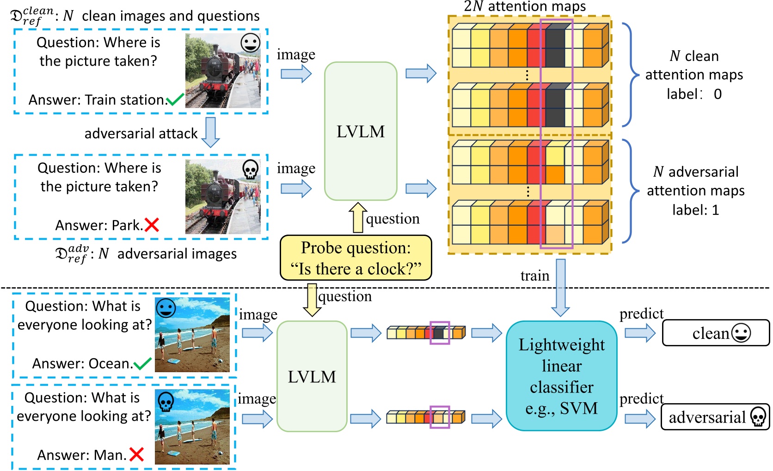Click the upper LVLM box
(x=361, y=131)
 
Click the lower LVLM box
(x=312, y=376)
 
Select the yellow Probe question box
(x=356, y=258)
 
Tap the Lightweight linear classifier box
(x=561, y=376)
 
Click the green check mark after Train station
(x=175, y=99)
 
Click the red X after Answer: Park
(x=152, y=225)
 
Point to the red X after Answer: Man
(x=136, y=454)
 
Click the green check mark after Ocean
(x=142, y=364)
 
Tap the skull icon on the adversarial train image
(x=250, y=169)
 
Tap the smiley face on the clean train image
(x=250, y=43)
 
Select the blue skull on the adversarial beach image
(x=166, y=401)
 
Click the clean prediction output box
(x=715, y=333)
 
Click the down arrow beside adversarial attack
(x=211, y=132)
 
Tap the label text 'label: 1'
(x=695, y=210)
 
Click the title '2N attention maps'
(x=525, y=6)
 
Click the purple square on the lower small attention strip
(x=439, y=417)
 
